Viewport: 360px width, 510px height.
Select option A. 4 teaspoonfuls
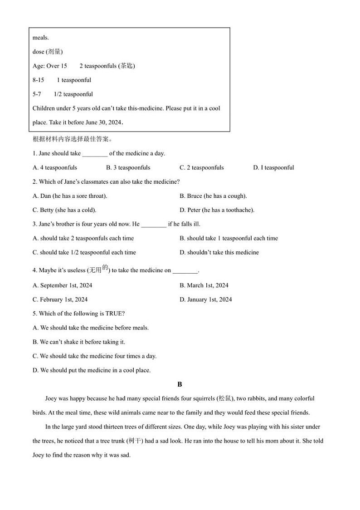(x=55, y=167)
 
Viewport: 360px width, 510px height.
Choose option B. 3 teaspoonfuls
(x=128, y=167)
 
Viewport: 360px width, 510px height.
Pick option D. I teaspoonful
(x=273, y=167)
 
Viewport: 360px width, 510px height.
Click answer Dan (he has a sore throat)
(x=70, y=196)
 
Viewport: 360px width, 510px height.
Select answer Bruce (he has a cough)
(x=213, y=196)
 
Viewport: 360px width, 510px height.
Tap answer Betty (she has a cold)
(x=64, y=210)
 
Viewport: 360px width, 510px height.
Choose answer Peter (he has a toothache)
(x=217, y=210)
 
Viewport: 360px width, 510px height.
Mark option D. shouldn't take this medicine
(x=219, y=252)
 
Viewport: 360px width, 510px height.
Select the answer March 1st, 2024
(x=204, y=285)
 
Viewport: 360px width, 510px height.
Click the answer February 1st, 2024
(x=60, y=299)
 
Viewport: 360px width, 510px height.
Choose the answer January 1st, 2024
(x=206, y=299)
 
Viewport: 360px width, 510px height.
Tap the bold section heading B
(x=180, y=384)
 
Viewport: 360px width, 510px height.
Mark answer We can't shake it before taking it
(x=79, y=342)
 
